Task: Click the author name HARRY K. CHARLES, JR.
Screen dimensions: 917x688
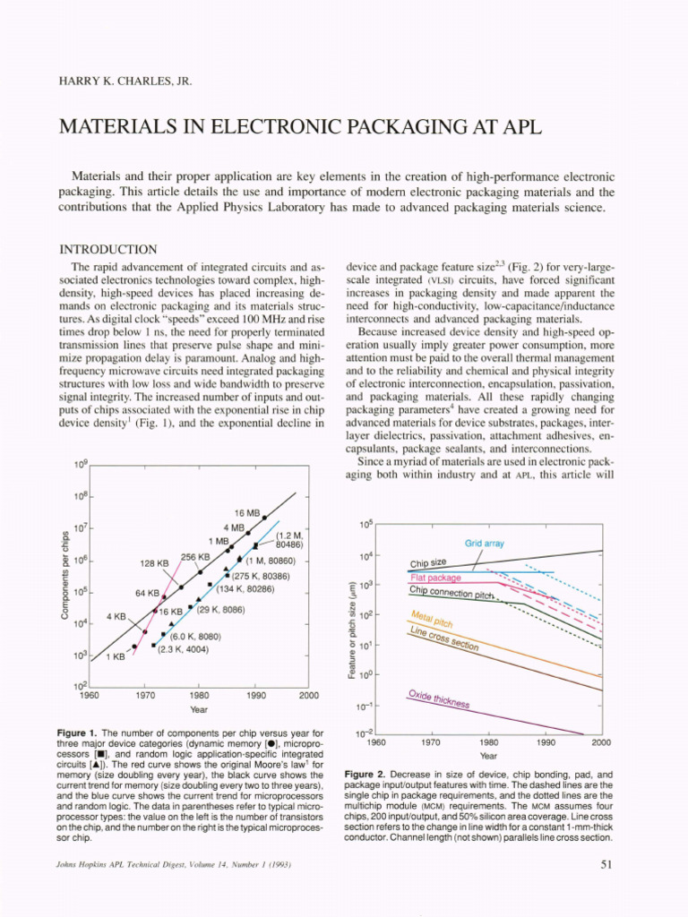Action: [125, 81]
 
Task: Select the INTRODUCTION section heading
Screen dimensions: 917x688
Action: [107, 249]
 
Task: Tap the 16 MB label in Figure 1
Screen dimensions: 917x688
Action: [246, 513]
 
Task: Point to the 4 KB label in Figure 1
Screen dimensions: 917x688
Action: [116, 617]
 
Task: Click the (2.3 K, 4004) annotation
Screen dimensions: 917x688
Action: [184, 649]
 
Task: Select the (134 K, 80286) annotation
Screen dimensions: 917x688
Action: [245, 588]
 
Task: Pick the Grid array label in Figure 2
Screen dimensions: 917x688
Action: [485, 544]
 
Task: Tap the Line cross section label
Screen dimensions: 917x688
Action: [444, 638]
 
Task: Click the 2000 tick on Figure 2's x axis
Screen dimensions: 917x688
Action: [601, 742]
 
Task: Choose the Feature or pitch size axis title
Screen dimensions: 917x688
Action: [356, 627]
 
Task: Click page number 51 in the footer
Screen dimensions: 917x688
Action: [604, 864]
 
